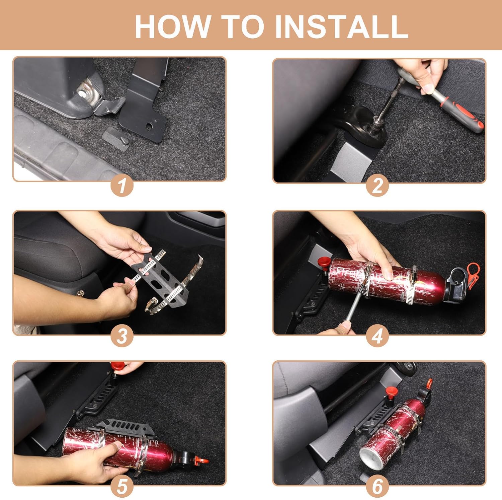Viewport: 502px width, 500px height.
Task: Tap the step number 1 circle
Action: tap(122, 185)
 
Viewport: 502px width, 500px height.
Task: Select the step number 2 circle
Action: tap(377, 185)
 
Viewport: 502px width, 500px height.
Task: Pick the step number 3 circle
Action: tap(122, 336)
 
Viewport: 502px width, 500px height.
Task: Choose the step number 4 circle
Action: tap(377, 336)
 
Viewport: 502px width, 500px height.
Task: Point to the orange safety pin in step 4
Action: tap(472, 273)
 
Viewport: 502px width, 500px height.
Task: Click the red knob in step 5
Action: tap(116, 366)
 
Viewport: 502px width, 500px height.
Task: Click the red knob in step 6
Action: tap(390, 391)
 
